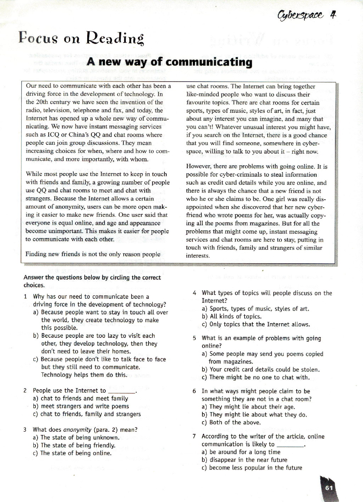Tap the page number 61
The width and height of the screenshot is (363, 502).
[x=329, y=487]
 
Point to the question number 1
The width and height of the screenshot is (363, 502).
[x=25, y=297]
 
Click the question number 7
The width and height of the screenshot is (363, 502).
[x=194, y=436]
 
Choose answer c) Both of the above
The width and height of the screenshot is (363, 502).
[x=231, y=422]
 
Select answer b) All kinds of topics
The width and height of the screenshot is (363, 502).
[x=231, y=316]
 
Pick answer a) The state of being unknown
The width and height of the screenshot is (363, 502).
[x=76, y=437]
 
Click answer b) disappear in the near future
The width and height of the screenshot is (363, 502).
[x=244, y=460]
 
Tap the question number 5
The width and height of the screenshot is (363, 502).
[x=194, y=338]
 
